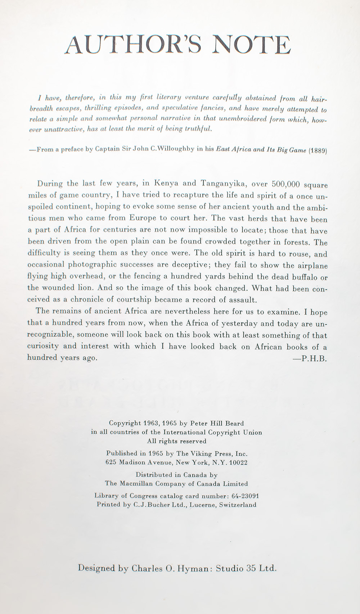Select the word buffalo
(301, 277)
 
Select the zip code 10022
(238, 462)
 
